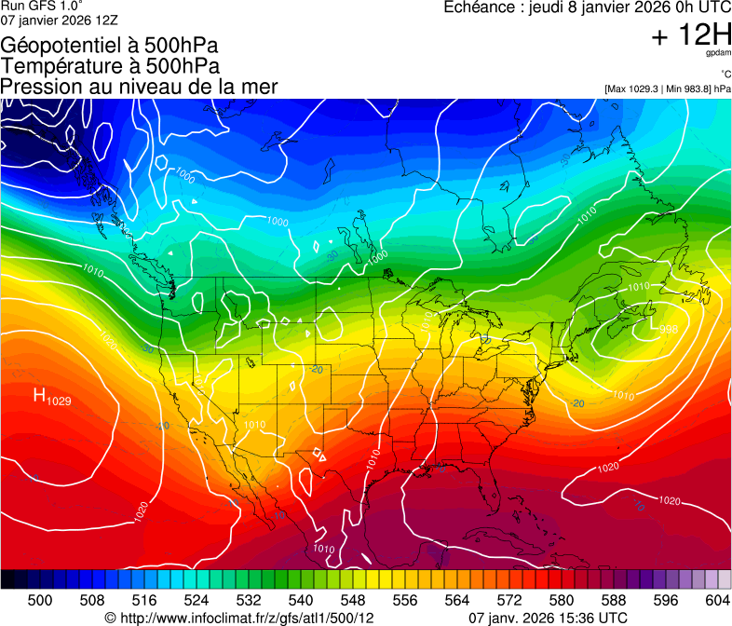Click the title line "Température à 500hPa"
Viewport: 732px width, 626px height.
(110, 66)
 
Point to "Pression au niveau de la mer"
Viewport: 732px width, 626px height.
(139, 87)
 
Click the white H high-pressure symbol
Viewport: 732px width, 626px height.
(40, 396)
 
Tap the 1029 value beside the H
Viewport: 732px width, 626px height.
(59, 401)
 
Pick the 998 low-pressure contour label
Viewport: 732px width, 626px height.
(643, 328)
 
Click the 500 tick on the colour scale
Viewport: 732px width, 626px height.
(40, 600)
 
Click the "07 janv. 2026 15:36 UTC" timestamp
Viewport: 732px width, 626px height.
(547, 618)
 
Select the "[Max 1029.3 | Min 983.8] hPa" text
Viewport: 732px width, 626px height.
(667, 88)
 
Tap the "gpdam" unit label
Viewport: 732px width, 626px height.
(718, 54)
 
